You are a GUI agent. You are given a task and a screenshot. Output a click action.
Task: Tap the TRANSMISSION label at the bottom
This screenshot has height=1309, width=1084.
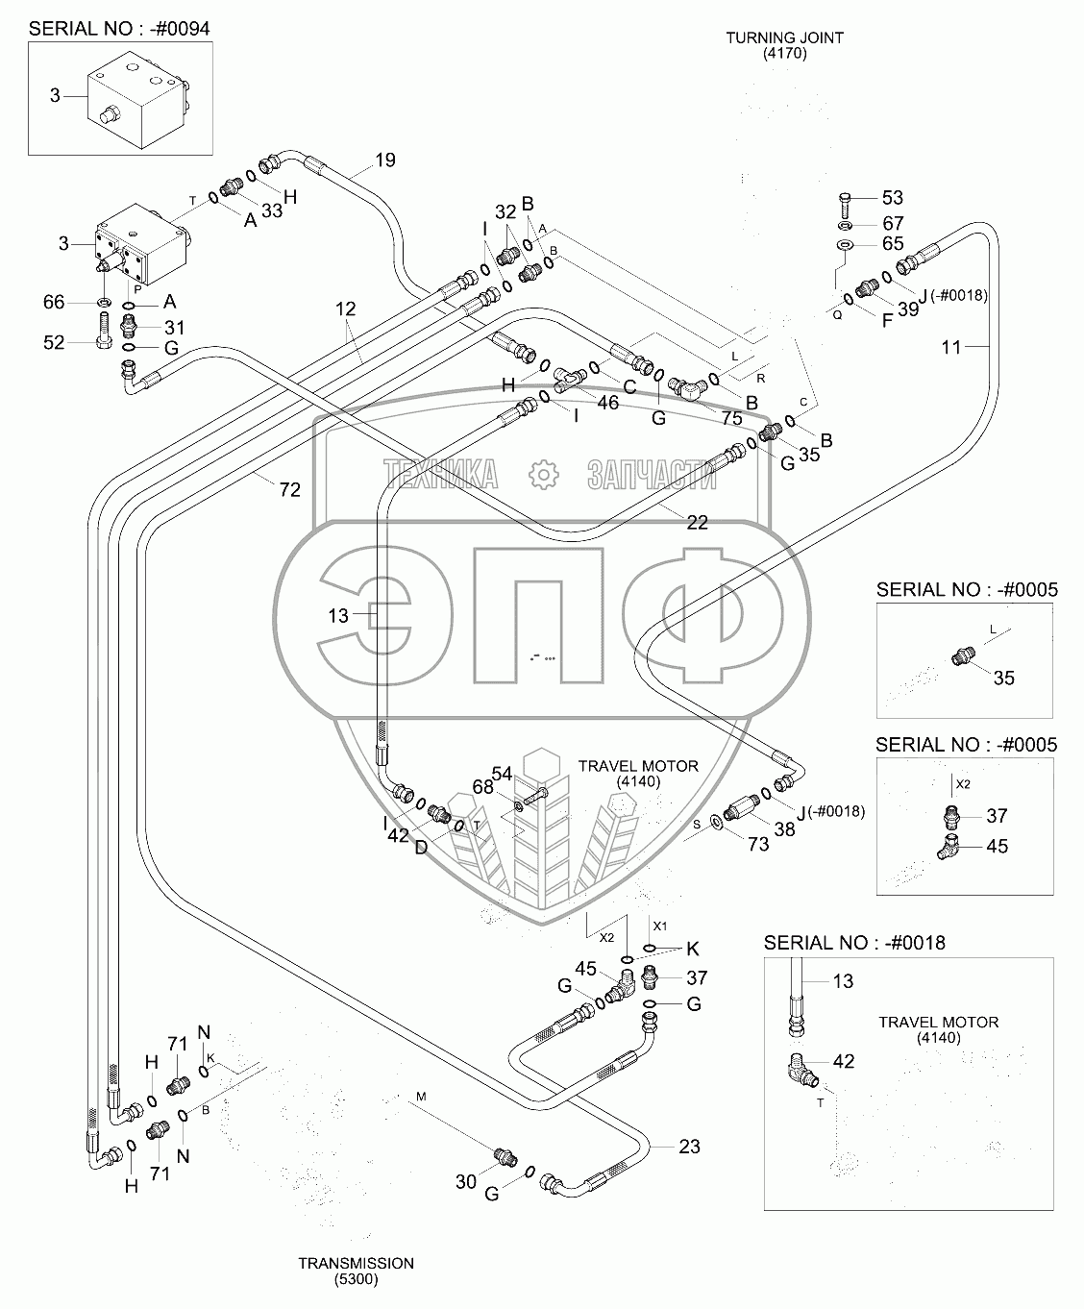pos(356,1271)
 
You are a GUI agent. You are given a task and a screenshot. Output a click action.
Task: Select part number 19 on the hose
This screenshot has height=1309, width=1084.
pos(384,161)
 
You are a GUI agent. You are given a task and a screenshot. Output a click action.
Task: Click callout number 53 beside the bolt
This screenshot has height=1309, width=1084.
pos(893,198)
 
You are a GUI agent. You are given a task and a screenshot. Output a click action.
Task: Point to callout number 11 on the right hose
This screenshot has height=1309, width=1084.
pos(950,348)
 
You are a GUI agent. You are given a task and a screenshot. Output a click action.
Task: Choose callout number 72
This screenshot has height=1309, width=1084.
pos(289,490)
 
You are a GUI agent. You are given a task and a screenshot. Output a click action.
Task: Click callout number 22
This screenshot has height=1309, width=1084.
pos(697,522)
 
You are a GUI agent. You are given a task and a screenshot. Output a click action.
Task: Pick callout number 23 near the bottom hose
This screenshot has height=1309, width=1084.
pos(689,1146)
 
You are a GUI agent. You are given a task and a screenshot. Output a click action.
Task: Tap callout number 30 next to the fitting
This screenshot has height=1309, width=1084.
pos(466,1181)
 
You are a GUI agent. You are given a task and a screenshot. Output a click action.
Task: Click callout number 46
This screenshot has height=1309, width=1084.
pos(607,403)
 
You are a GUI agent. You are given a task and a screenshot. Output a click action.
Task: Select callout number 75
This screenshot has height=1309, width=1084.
pos(731,418)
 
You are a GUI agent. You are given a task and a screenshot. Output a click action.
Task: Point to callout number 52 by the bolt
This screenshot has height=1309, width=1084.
pos(54,341)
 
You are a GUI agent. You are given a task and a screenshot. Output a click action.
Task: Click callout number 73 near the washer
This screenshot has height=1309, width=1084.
pos(757,844)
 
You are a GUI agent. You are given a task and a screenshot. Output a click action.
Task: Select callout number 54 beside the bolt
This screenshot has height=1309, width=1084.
pos(502,774)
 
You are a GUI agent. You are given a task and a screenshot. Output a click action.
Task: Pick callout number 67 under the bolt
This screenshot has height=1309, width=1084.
pos(893,223)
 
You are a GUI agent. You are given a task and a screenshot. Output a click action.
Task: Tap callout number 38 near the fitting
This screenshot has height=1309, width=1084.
pos(785,828)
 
